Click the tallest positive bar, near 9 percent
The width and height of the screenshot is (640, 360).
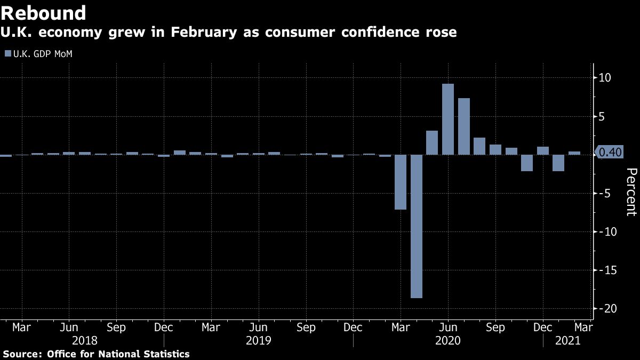click(448, 119)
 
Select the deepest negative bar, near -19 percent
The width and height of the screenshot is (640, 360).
click(416, 226)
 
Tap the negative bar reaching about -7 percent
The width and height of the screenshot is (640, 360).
click(401, 182)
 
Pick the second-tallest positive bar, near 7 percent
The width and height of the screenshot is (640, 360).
click(464, 126)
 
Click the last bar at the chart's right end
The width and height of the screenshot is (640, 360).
click(574, 153)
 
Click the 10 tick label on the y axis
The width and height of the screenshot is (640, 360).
click(605, 78)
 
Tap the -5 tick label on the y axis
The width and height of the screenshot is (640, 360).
click(605, 193)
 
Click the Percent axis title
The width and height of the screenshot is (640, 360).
click(631, 192)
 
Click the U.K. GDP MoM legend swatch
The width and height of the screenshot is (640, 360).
click(7, 53)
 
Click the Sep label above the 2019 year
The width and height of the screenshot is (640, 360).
click(306, 326)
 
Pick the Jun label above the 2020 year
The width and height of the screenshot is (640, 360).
click(448, 326)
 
